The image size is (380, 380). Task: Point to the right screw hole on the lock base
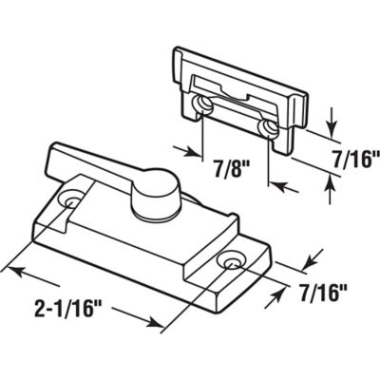click(x=229, y=261)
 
